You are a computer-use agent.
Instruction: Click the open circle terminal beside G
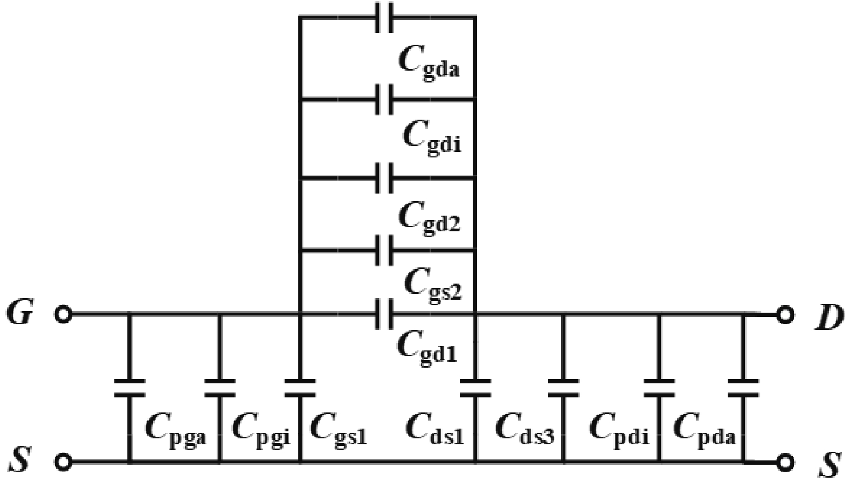[64, 314]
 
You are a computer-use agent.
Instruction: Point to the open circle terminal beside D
[785, 314]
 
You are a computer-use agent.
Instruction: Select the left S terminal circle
[64, 462]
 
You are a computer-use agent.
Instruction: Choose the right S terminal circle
[785, 462]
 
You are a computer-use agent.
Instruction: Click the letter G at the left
[19, 313]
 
